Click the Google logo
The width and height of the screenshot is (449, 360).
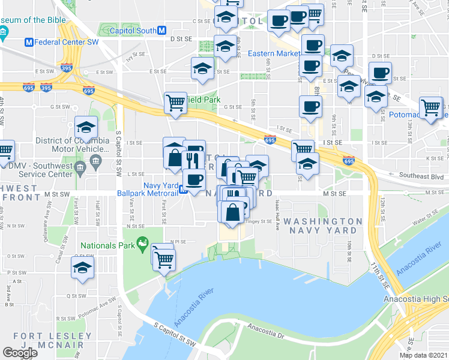[x=20, y=352]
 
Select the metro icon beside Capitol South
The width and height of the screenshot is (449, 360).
[x=161, y=30]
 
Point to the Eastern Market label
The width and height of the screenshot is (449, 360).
[x=273, y=53]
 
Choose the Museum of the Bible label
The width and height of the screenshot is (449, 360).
[x=31, y=20]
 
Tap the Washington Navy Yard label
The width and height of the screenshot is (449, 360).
[x=323, y=226]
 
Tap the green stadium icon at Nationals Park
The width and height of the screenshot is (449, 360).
[x=142, y=244]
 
